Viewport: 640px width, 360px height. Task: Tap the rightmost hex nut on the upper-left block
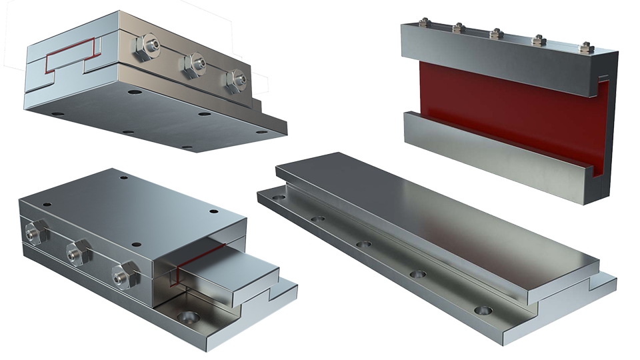pyautogui.click(x=235, y=79)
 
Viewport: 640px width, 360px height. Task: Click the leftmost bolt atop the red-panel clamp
pyautogui.click(x=423, y=23)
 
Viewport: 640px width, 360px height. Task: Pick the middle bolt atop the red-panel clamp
pyautogui.click(x=495, y=33)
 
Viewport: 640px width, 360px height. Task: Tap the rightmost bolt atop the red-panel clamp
pyautogui.click(x=586, y=47)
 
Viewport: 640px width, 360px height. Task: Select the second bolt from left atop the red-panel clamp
pyautogui.click(x=458, y=28)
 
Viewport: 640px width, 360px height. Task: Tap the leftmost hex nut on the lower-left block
pyautogui.click(x=34, y=232)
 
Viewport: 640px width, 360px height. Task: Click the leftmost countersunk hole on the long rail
pyautogui.click(x=278, y=197)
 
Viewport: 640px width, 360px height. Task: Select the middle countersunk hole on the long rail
pyautogui.click(x=363, y=244)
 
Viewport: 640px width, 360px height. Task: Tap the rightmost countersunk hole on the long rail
pyautogui.click(x=483, y=310)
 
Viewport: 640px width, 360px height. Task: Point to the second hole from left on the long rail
pyautogui.click(x=318, y=219)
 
